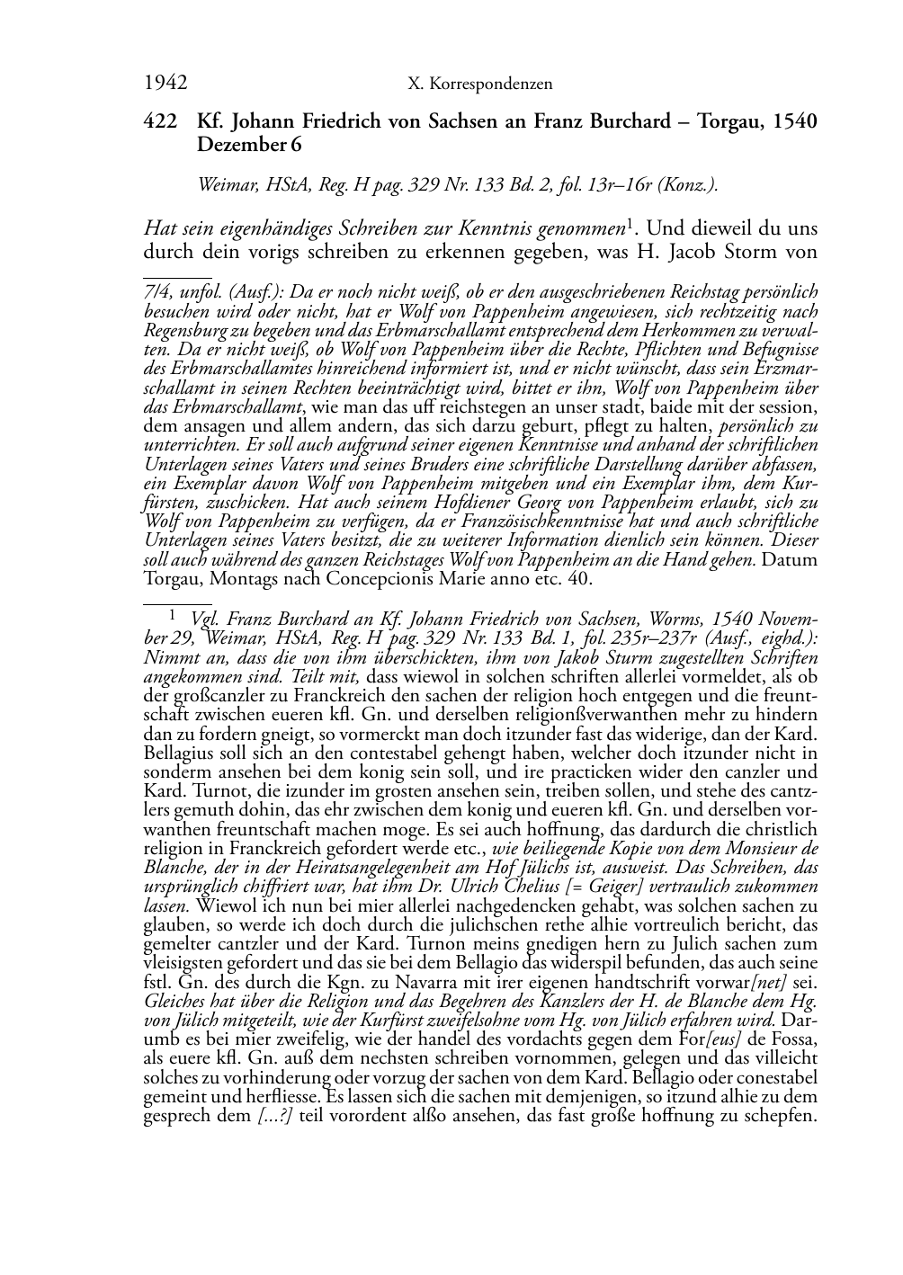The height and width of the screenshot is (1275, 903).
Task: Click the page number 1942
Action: click(x=165, y=84)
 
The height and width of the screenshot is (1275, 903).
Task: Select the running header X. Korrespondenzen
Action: click(x=480, y=85)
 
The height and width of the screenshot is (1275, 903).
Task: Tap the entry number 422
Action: click(x=158, y=122)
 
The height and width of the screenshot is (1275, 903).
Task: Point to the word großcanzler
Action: click(x=208, y=696)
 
